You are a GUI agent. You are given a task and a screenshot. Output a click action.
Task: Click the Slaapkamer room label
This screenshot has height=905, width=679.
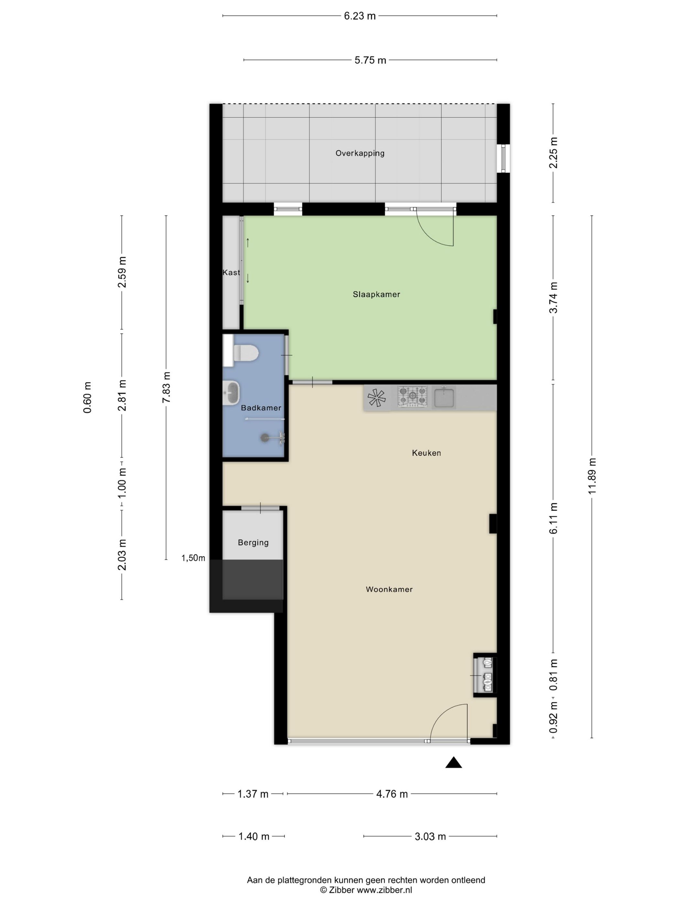click(376, 294)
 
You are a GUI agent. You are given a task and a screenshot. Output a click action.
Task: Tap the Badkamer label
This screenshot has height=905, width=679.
click(261, 408)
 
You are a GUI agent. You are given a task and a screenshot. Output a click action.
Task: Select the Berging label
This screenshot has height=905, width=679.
click(253, 542)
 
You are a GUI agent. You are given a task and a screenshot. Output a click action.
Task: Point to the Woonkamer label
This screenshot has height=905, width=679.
click(389, 589)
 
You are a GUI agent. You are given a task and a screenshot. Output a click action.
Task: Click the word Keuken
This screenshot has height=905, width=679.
click(426, 452)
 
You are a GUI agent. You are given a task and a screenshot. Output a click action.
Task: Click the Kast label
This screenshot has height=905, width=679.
click(231, 272)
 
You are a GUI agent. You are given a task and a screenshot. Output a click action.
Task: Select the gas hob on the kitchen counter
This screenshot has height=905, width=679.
click(412, 397)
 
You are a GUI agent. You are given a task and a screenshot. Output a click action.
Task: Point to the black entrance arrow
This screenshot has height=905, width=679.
click(454, 762)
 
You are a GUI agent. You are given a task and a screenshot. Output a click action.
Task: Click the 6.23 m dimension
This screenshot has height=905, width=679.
click(359, 16)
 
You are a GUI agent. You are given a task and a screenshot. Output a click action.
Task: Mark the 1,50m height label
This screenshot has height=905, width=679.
click(193, 558)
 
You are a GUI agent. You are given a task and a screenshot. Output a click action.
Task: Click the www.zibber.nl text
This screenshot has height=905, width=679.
click(384, 889)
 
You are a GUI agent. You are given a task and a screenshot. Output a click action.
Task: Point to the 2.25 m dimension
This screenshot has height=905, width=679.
click(553, 152)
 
